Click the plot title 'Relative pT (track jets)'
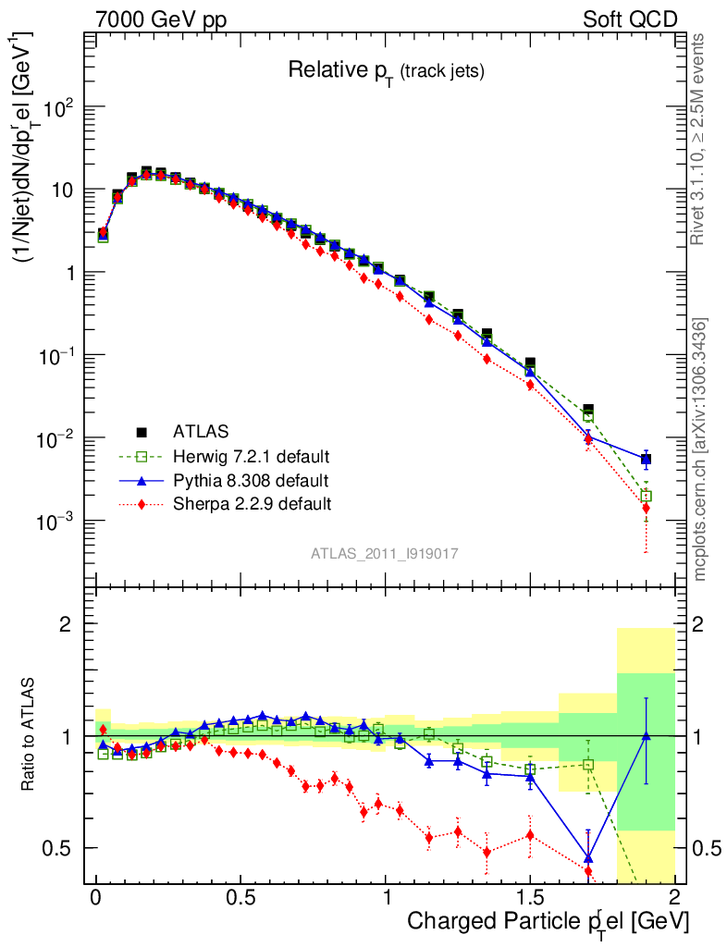pyautogui.click(x=386, y=70)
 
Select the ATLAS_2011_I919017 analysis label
pyautogui.click(x=385, y=553)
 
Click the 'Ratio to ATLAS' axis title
pyautogui.click(x=29, y=736)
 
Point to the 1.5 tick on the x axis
pyautogui.click(x=530, y=896)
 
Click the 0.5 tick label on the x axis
pyautogui.click(x=240, y=896)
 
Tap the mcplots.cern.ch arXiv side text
pyautogui.click(x=701, y=449)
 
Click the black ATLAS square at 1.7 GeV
pyautogui.click(x=588, y=410)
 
